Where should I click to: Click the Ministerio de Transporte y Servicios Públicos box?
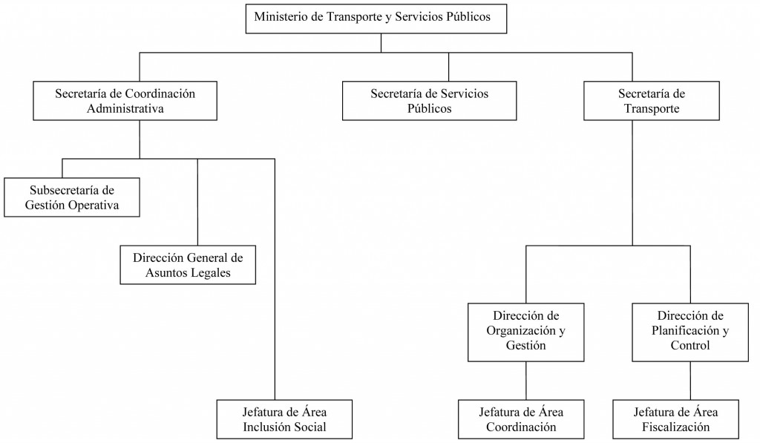376,19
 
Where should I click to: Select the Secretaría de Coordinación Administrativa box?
125,101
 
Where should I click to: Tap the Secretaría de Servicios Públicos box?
430,101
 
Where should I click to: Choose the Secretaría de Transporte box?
652,101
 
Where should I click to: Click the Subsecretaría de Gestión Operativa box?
72,197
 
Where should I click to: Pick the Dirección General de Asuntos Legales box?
188,265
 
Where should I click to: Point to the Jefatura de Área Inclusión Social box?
284,419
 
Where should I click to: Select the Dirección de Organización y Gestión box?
526,332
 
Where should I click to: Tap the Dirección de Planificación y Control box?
690,332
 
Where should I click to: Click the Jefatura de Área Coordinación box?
521,419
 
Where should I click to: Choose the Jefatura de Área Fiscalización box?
675,419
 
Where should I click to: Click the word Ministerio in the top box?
281,16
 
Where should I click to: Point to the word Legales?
212,273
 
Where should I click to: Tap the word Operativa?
95,206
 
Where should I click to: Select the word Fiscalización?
675,427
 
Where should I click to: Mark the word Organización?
521,331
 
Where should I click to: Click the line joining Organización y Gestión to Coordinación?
526,381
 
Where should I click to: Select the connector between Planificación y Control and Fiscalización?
690,381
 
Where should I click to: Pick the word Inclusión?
263,427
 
